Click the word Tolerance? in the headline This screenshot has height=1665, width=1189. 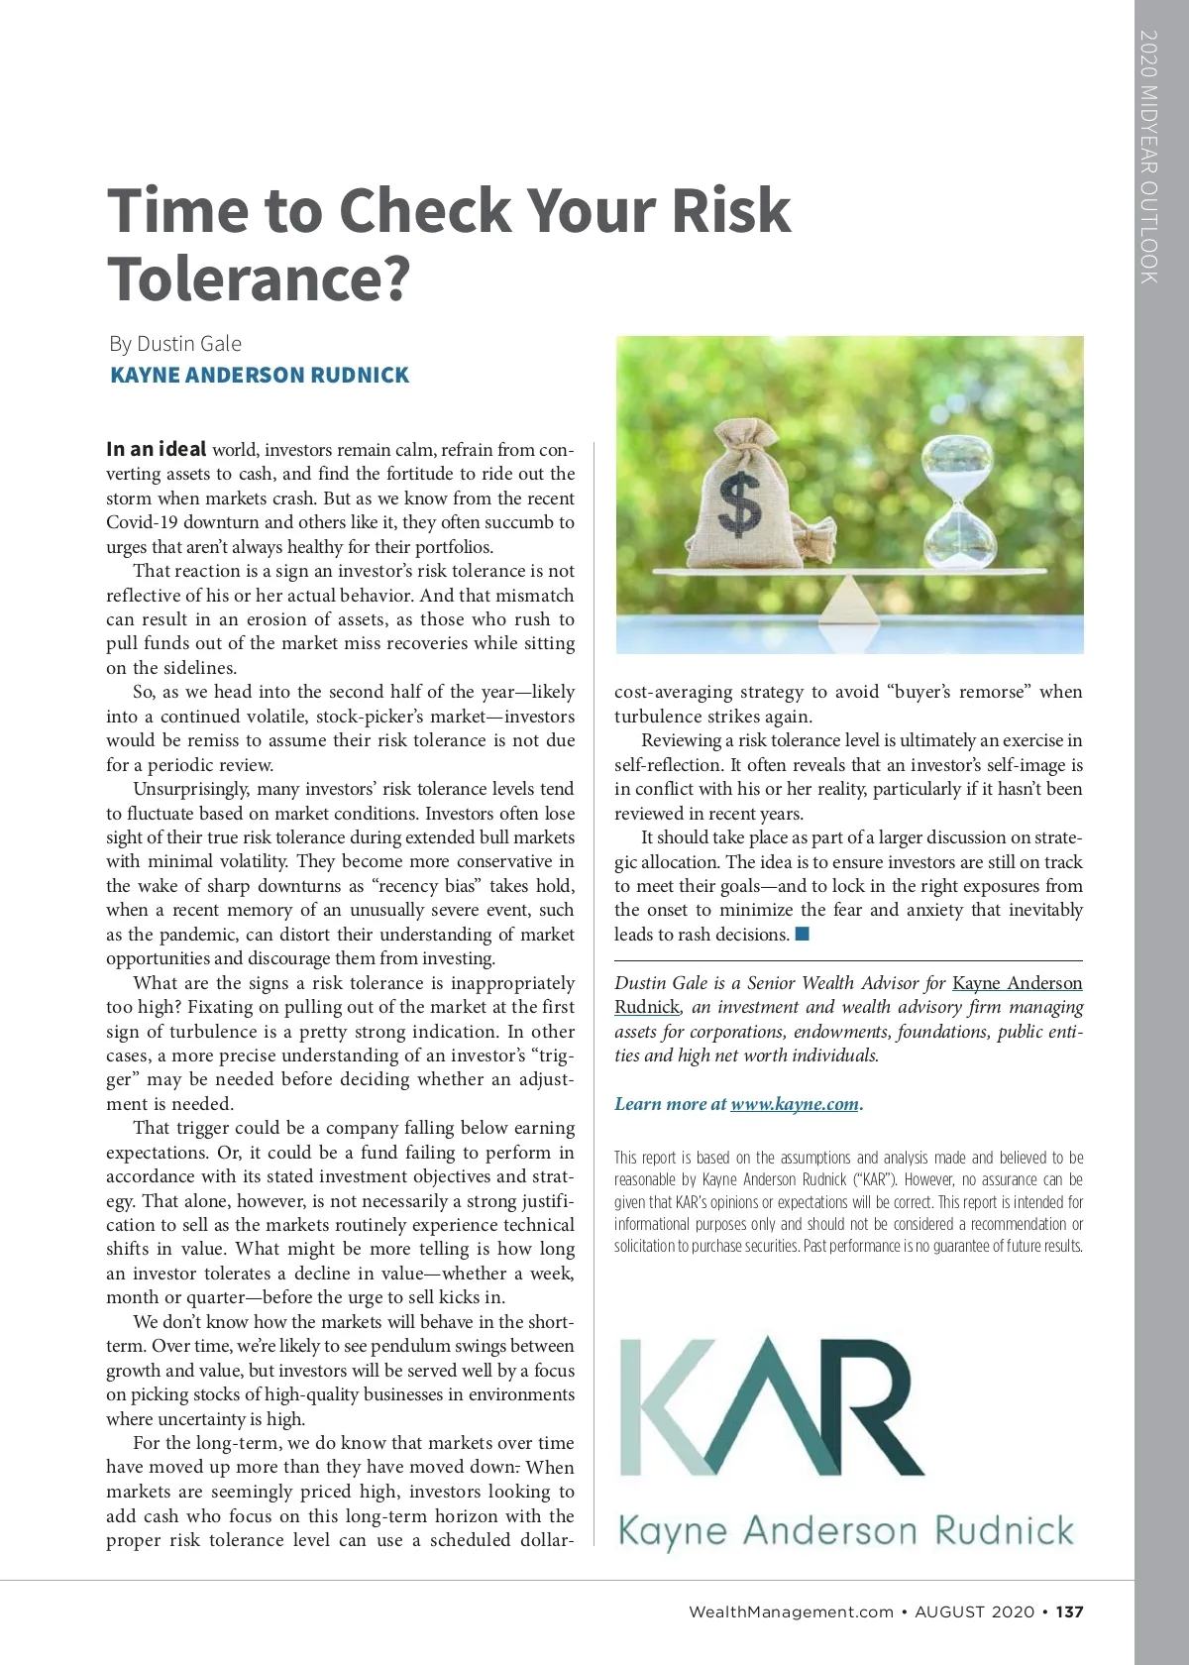coord(258,279)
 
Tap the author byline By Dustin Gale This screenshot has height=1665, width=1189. coord(175,344)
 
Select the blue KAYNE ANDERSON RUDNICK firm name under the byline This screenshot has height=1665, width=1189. coord(260,376)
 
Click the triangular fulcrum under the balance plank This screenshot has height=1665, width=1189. coord(850,600)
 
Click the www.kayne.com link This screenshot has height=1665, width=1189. coord(795,1104)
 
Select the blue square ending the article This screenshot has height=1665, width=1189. coord(803,934)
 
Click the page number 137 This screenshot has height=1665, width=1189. coord(1069,1611)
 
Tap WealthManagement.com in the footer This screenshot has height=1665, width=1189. coord(791,1611)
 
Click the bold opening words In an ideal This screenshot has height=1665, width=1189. coord(157,449)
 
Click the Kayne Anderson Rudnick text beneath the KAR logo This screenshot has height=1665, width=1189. coord(846,1531)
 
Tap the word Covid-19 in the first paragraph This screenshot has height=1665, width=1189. coord(142,522)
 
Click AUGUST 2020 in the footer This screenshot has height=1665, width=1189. coord(974,1611)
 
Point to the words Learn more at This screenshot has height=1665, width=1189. coord(670,1104)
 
